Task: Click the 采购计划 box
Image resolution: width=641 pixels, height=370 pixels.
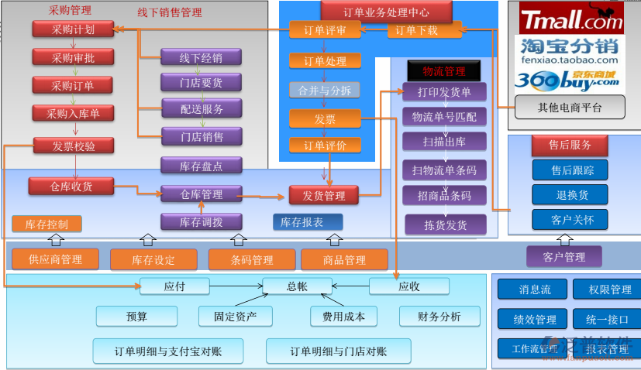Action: (73, 30)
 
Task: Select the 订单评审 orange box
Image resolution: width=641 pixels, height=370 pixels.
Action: (325, 31)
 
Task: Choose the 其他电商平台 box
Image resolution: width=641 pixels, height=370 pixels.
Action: (570, 108)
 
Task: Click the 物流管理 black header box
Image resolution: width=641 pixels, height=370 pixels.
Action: (444, 71)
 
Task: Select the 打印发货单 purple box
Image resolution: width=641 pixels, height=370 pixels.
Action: (444, 92)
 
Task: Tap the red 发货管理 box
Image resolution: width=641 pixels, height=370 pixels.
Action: (324, 196)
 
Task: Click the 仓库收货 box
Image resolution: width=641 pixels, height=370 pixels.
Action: (71, 187)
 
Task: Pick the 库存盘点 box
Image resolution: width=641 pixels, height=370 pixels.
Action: (201, 166)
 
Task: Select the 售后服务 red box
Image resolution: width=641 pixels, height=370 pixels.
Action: (570, 145)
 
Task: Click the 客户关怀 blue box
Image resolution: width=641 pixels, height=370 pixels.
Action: (570, 220)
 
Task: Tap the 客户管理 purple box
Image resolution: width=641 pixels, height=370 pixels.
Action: (564, 256)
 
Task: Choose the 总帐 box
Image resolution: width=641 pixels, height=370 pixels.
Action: (297, 286)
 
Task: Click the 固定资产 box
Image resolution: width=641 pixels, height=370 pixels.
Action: (234, 316)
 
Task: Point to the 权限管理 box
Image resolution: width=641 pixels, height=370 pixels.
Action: (609, 289)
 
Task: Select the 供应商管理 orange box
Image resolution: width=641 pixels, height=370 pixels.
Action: (56, 259)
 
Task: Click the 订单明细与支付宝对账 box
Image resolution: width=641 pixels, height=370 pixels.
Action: (168, 351)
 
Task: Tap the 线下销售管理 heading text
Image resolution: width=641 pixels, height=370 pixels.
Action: (169, 12)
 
